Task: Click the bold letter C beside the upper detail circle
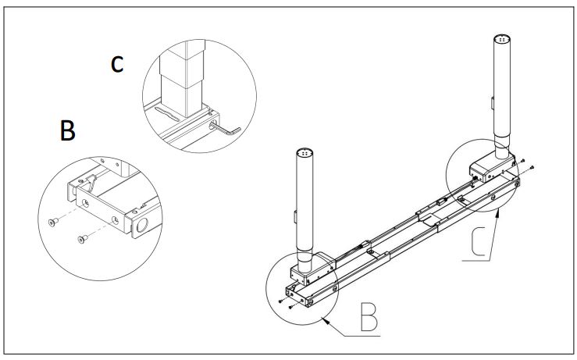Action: point(116,64)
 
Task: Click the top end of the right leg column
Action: point(502,39)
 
